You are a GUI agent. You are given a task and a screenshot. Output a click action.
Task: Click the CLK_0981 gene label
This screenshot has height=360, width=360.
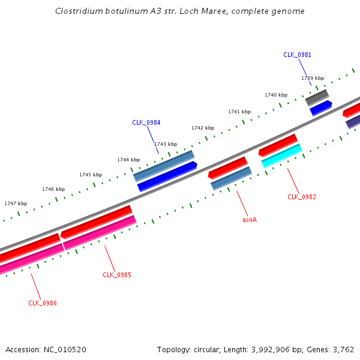297,55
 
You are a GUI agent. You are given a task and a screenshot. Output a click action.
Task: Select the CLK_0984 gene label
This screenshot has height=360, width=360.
146,122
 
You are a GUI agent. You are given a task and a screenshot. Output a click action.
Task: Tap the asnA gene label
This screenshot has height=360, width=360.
250,220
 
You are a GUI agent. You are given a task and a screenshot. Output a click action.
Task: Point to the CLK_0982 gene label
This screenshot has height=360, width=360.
301,197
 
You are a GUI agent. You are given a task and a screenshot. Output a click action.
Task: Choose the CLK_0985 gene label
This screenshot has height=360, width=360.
116,275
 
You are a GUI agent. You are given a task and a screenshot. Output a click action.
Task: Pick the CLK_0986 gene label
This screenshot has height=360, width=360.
42,303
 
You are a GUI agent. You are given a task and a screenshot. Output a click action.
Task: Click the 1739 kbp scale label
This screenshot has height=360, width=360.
312,78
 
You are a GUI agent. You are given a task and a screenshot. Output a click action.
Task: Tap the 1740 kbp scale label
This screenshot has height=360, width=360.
276,95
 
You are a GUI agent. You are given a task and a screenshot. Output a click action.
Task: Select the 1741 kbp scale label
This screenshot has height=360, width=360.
239,112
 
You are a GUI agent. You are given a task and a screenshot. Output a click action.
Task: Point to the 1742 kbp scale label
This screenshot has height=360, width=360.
202,128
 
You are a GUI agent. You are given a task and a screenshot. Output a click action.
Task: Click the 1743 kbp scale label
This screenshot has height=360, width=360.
166,144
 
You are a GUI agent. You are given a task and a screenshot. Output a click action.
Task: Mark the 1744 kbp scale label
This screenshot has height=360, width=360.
128,160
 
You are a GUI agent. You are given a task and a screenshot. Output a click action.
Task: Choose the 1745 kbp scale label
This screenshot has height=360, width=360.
91,175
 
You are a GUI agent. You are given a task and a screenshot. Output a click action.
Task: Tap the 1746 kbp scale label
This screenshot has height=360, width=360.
53,189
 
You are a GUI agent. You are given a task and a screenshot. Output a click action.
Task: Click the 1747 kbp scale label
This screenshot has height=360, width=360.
16,203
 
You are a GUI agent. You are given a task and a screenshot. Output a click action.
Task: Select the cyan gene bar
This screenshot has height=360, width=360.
281,155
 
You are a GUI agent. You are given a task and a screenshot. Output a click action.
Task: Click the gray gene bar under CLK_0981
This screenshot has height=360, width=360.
317,97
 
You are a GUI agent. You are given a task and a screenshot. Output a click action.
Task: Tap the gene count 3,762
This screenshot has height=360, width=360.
343,349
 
